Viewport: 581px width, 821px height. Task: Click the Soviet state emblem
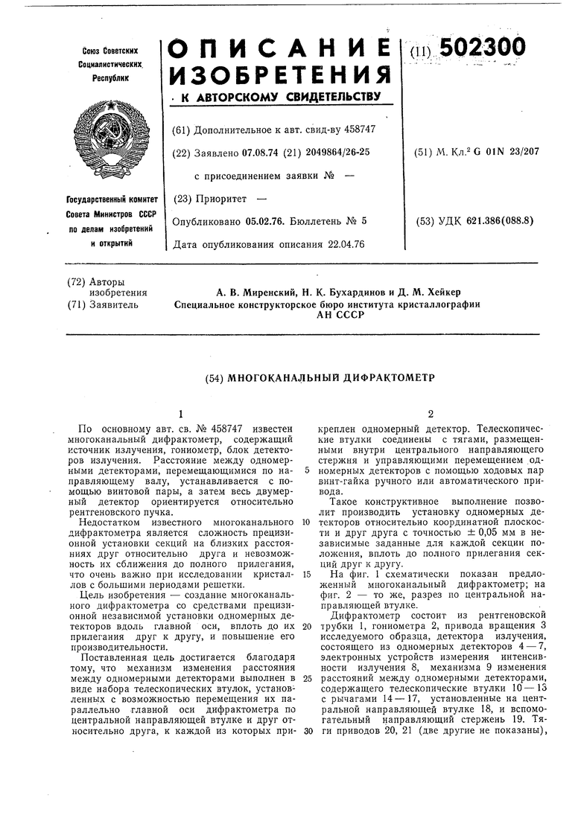[112, 141]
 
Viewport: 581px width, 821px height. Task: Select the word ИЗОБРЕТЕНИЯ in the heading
[279, 74]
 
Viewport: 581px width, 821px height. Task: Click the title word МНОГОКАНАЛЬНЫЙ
[280, 378]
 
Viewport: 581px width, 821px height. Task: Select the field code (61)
[180, 129]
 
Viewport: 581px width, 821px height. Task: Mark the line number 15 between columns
[306, 575]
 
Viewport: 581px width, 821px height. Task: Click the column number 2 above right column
[430, 414]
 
